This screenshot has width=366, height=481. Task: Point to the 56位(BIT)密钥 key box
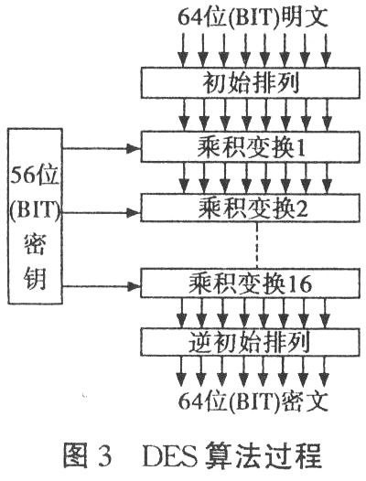click(36, 216)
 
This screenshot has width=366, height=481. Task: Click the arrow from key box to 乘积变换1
click(102, 149)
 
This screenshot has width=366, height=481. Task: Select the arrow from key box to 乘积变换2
click(102, 212)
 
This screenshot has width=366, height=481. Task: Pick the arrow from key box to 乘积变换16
click(102, 287)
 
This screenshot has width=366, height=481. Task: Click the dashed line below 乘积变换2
click(257, 245)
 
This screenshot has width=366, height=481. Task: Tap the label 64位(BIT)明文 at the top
click(253, 17)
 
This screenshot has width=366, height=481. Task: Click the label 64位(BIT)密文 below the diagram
click(253, 401)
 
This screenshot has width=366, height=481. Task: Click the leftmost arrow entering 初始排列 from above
click(183, 50)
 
